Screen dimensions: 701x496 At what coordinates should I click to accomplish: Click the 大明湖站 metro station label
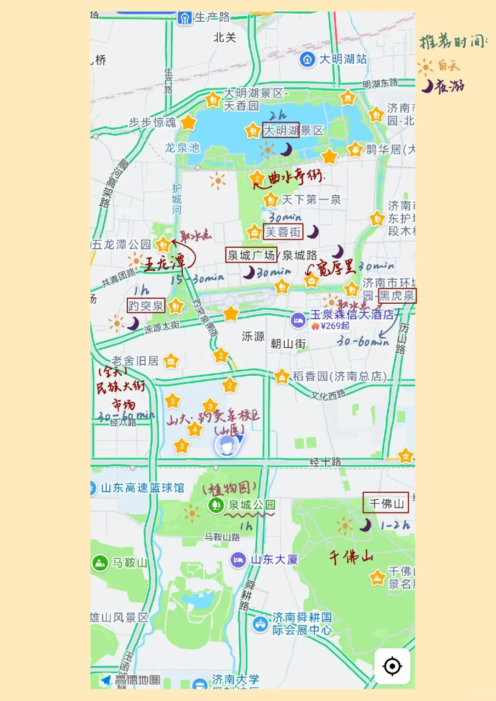343,59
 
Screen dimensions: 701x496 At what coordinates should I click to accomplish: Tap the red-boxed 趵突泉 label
146,306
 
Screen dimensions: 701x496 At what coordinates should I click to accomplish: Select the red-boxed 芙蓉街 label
283,232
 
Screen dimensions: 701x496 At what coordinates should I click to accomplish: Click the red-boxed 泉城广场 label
251,255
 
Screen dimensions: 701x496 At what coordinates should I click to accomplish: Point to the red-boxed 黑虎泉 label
396,296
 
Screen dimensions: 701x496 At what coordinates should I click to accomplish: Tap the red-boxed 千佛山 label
386,503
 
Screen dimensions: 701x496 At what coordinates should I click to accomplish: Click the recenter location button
392,666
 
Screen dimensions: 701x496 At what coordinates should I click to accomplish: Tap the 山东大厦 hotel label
274,560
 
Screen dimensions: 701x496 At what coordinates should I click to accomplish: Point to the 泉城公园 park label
252,505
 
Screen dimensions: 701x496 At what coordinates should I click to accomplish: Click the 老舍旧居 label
135,361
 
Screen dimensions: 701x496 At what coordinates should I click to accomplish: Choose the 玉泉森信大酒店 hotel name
352,314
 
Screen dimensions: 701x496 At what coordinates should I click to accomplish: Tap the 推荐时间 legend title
452,42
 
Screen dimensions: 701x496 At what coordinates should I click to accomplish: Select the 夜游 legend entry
449,86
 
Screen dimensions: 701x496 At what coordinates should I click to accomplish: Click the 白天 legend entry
448,66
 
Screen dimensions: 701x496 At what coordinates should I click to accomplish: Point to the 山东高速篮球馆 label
142,488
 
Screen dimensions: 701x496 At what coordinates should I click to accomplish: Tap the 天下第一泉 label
311,200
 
